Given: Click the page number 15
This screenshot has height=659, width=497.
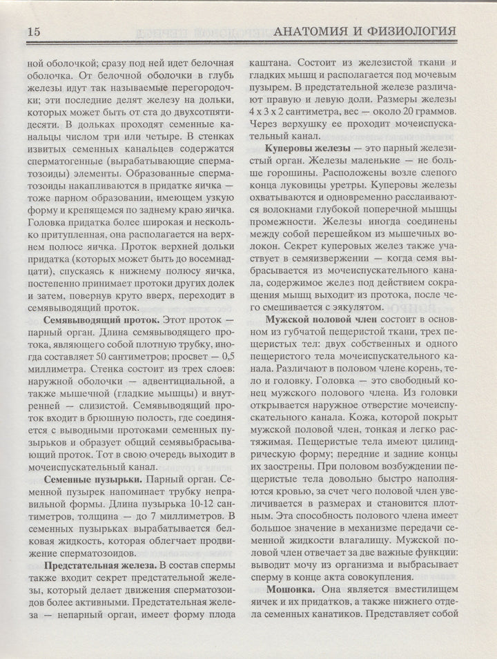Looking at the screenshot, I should [34, 32].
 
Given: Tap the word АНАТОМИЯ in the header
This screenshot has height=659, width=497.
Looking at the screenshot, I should [318, 32].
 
